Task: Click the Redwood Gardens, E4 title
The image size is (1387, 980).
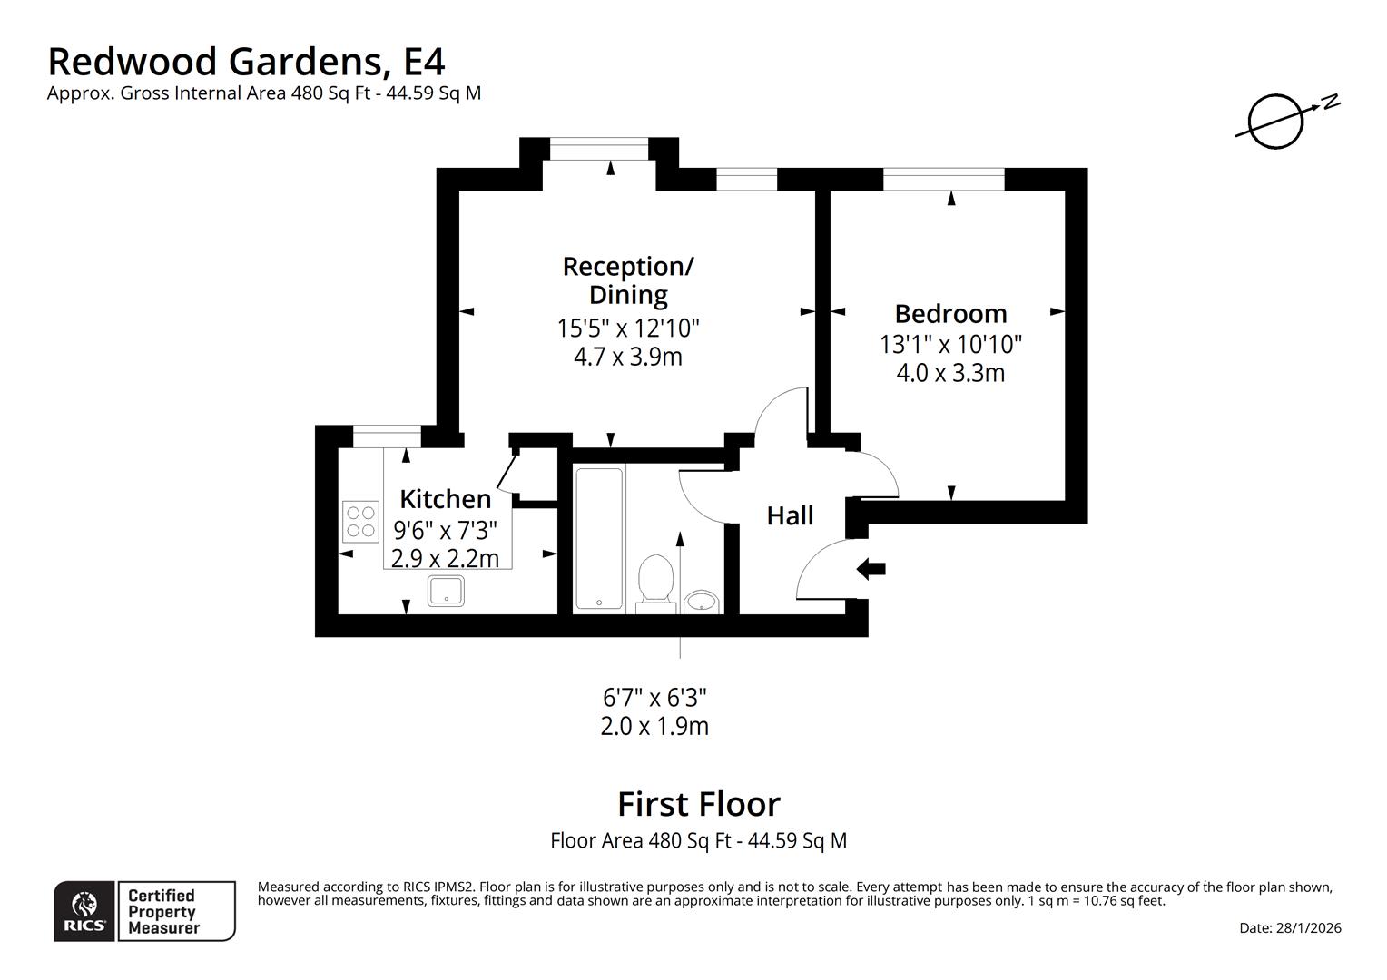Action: pos(246,62)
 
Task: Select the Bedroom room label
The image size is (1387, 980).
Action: pos(950,314)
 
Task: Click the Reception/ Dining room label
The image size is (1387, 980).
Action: pos(628,279)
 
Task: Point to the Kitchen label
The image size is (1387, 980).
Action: pos(445,499)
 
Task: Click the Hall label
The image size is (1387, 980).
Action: pos(790,516)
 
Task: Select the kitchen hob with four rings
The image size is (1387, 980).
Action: pos(360,522)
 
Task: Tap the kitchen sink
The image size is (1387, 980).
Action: pos(446,592)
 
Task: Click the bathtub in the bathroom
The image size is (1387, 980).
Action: pos(599,538)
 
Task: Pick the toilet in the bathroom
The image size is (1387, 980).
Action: pos(654,581)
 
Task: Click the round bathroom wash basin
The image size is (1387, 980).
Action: pos(702,601)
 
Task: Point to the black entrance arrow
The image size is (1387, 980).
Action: pos(871,570)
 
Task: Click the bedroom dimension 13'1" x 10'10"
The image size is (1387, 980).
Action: pos(950,345)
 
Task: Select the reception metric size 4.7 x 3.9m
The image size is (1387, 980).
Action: pos(628,357)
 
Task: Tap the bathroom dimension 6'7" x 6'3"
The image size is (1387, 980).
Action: pos(654,698)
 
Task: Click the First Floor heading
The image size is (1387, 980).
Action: pos(698,805)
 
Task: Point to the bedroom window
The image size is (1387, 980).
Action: pos(944,180)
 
